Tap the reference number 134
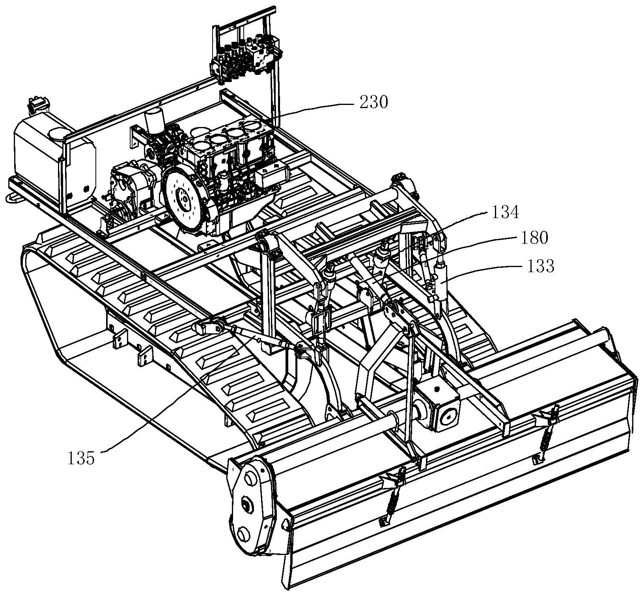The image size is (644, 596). (x=505, y=213)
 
